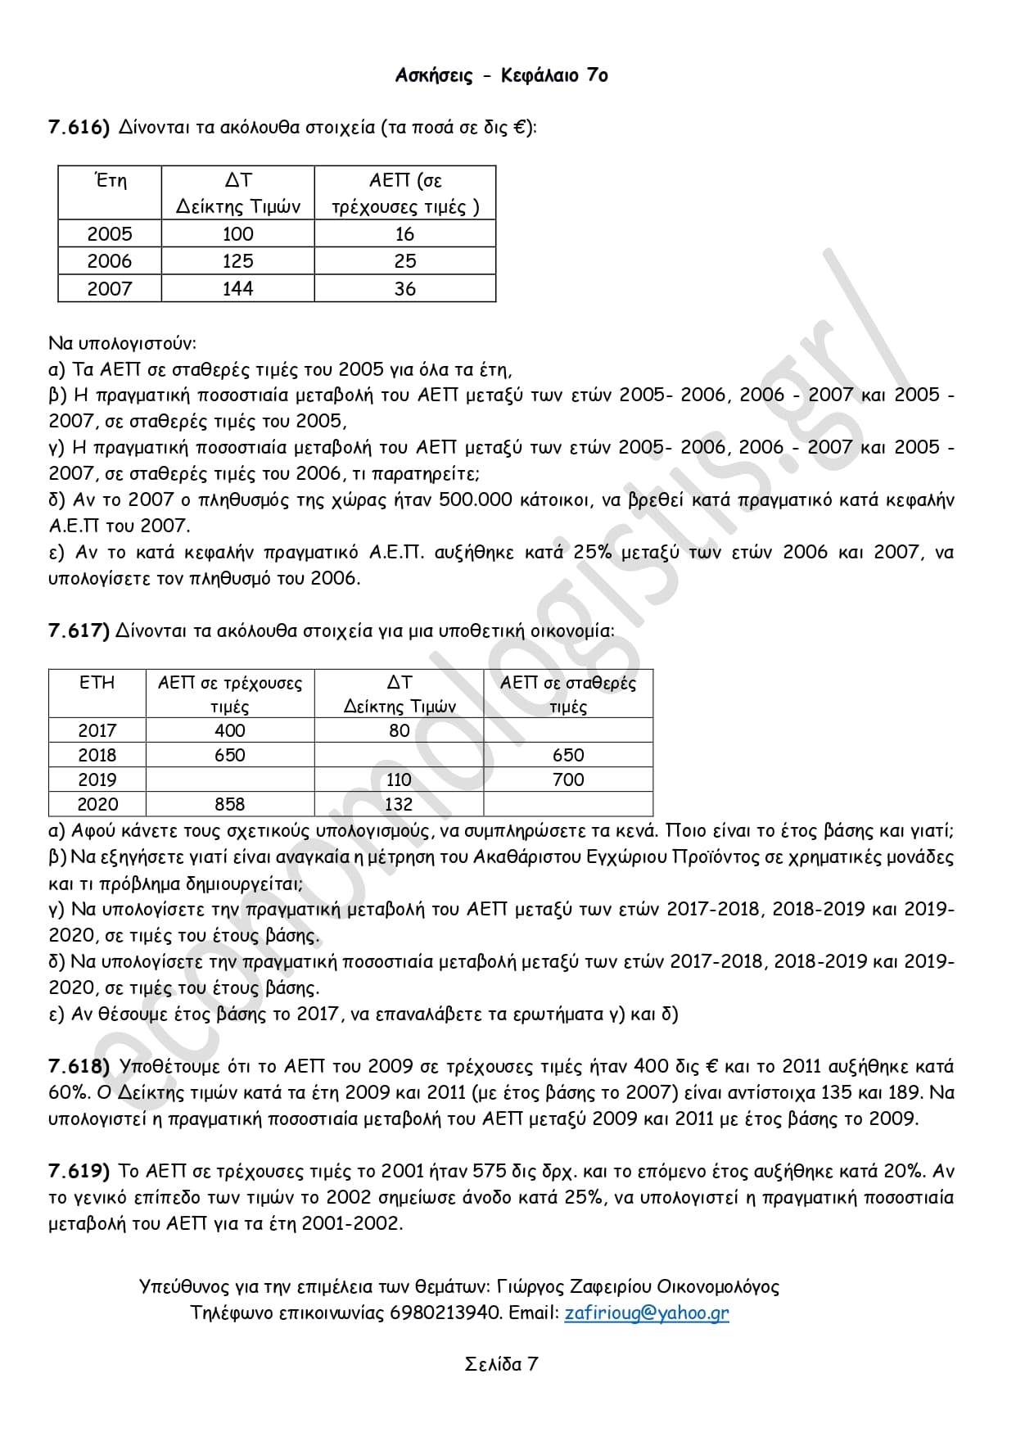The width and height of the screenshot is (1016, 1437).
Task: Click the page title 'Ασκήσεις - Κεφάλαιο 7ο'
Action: (501, 75)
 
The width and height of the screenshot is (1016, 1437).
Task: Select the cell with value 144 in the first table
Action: (237, 288)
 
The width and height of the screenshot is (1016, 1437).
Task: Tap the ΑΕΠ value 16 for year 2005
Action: (404, 234)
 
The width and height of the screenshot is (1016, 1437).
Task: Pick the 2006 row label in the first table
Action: (109, 261)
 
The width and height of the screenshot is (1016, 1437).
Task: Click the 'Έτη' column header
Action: (111, 180)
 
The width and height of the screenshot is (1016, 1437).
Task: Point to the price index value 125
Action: (237, 261)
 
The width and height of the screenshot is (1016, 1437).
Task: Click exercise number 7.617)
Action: (79, 630)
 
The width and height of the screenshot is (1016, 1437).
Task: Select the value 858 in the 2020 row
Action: (229, 804)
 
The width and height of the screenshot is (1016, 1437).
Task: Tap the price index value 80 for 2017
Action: (399, 730)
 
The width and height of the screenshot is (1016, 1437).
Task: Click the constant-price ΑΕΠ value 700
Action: (568, 780)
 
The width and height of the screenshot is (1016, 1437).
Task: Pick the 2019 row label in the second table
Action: (97, 780)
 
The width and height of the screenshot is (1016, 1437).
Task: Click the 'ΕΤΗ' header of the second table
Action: (97, 683)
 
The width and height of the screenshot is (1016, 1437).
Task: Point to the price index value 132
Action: (399, 804)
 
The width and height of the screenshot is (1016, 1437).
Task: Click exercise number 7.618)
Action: (79, 1066)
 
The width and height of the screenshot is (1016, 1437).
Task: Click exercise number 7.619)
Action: (79, 1171)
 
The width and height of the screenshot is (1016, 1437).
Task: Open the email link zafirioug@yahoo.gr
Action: (646, 1313)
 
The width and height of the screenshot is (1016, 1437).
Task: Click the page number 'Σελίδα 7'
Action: (501, 1364)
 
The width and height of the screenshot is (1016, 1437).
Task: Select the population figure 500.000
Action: (476, 499)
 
